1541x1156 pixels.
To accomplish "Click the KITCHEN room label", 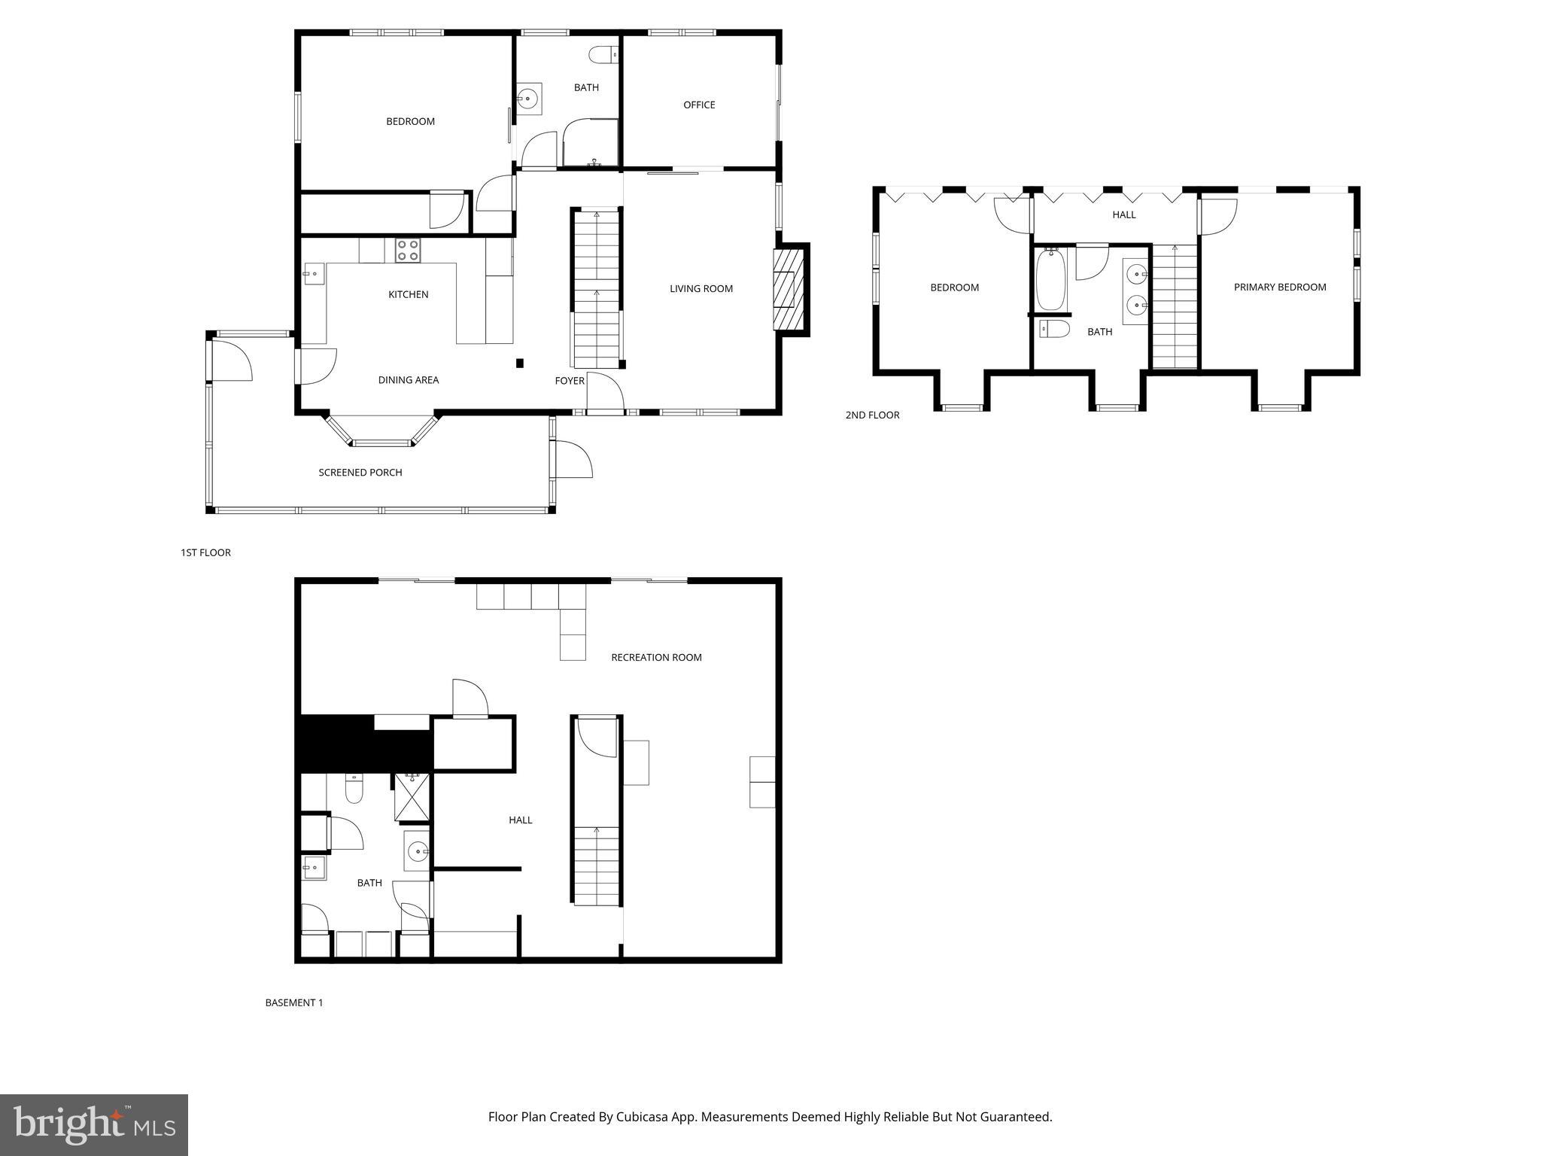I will point(408,294).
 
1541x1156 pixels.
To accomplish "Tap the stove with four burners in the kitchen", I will point(408,250).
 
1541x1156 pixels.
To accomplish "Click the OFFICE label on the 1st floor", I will point(698,105).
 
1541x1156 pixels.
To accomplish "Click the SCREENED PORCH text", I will point(360,473).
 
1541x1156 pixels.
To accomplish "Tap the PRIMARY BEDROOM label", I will point(1279,287).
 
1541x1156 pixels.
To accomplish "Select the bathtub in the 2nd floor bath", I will point(1050,279).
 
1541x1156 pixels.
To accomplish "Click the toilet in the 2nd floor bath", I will point(1054,329).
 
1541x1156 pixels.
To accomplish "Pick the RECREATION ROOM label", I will point(656,657).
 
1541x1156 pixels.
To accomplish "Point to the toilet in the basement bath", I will point(354,789).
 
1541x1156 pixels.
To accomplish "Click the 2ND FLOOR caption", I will point(872,415).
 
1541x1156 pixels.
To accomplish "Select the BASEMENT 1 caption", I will point(293,1002).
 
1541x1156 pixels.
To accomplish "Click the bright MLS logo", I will point(93,1124).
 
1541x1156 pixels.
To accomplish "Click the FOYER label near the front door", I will point(569,381).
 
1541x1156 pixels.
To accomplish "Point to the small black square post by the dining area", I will point(519,364).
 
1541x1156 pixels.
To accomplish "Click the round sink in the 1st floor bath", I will point(529,98).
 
